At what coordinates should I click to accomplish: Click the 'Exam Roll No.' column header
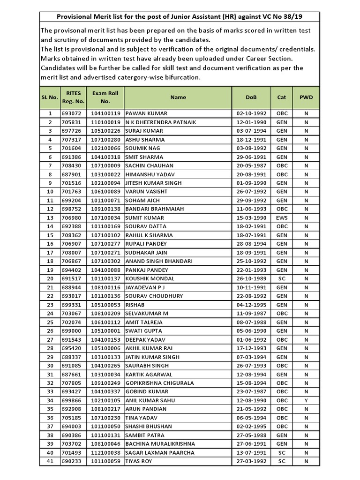pyautogui.click(x=105, y=97)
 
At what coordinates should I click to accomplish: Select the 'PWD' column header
pyautogui.click(x=306, y=97)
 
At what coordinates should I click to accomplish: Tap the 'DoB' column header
pyautogui.click(x=251, y=97)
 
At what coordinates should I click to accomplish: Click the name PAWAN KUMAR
pyautogui.click(x=146, y=113)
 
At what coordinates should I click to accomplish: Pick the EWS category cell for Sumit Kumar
pyautogui.click(x=282, y=218)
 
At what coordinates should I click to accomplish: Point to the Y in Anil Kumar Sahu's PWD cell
pyautogui.click(x=306, y=400)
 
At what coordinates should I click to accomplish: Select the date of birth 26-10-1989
pyautogui.click(x=251, y=278)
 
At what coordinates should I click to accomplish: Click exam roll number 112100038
pyautogui.click(x=105, y=453)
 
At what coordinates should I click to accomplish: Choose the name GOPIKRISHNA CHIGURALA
pyautogui.click(x=159, y=383)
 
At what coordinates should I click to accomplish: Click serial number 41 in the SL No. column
pyautogui.click(x=50, y=461)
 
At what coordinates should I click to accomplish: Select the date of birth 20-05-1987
pyautogui.click(x=251, y=165)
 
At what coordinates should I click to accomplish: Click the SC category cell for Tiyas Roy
pyautogui.click(x=282, y=461)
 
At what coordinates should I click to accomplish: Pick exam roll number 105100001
pyautogui.click(x=105, y=331)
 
